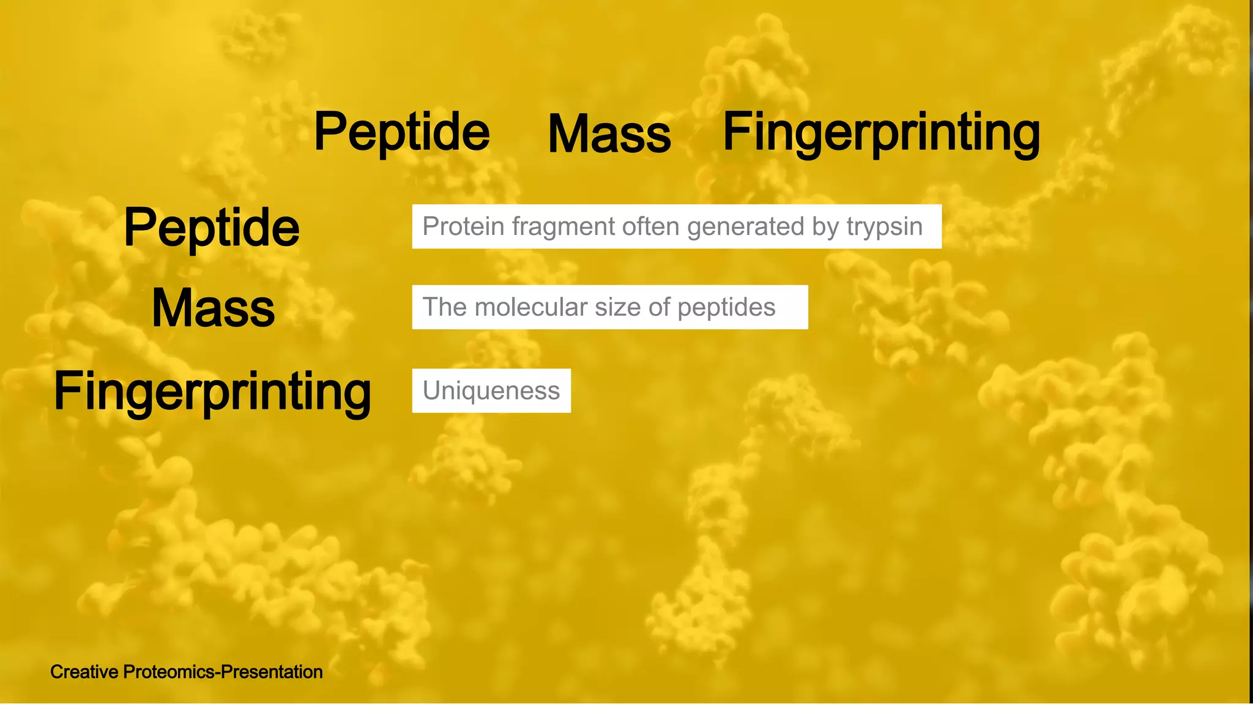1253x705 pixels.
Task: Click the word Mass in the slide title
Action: [x=609, y=134]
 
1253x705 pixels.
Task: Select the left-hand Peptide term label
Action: [x=212, y=228]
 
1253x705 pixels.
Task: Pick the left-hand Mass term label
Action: [x=213, y=308]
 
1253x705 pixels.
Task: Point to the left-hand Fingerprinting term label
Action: [x=212, y=391]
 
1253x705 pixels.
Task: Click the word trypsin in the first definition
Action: [x=884, y=227]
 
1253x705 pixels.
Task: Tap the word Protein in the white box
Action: [x=463, y=226]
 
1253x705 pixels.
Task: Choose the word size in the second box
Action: [x=618, y=307]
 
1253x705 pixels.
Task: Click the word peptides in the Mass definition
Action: [x=726, y=308]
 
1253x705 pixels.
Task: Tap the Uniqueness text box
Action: [x=491, y=390]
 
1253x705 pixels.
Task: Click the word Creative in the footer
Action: [x=84, y=672]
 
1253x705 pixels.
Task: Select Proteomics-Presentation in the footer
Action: [x=223, y=672]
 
